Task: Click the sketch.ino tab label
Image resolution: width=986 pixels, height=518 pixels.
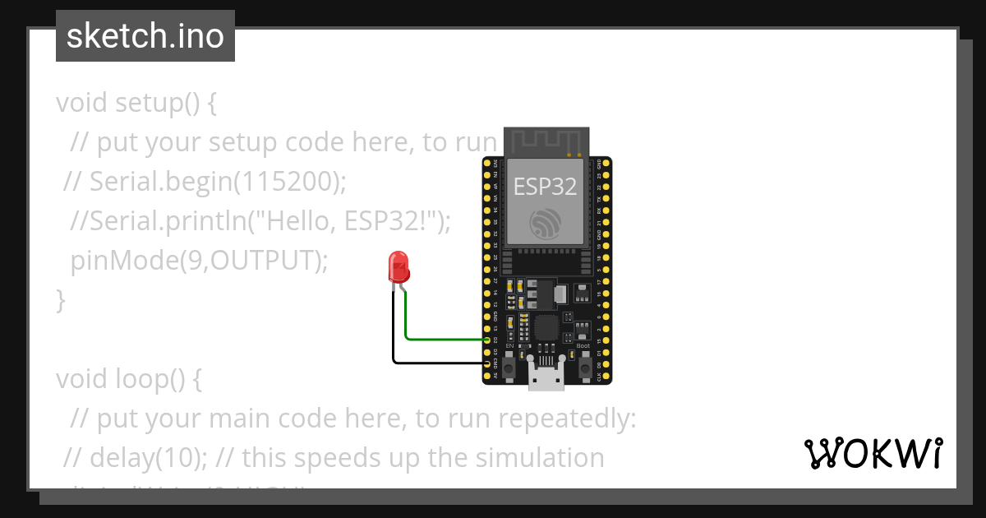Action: click(145, 36)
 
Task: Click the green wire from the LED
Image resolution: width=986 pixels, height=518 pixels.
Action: click(444, 338)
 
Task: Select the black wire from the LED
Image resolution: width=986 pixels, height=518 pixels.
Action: click(435, 362)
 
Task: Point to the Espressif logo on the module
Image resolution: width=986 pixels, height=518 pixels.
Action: click(545, 224)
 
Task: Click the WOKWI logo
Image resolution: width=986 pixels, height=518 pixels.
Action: click(873, 453)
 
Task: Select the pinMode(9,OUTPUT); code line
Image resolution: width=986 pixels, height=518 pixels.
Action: click(199, 261)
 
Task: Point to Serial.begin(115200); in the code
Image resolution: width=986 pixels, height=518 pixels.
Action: click(215, 182)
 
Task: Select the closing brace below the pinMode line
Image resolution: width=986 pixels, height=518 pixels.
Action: click(60, 300)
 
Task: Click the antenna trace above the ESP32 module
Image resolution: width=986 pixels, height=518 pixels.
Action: click(546, 141)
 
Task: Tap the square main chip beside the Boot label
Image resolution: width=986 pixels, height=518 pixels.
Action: click(546, 326)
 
